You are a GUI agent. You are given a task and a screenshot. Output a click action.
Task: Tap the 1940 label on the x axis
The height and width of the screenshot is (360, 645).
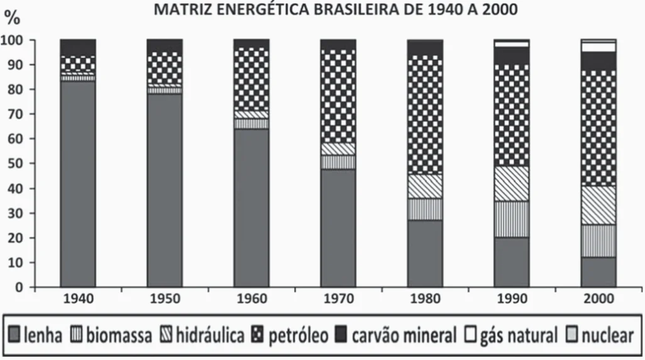(78, 298)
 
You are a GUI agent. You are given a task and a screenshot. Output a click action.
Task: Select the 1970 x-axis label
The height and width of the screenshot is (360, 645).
(338, 298)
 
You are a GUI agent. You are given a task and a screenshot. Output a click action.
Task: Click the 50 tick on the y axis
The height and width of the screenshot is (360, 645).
(21, 163)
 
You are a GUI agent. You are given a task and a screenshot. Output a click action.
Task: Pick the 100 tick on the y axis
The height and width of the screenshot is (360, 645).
(18, 40)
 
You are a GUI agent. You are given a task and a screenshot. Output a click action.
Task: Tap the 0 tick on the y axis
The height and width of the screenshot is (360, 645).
(25, 287)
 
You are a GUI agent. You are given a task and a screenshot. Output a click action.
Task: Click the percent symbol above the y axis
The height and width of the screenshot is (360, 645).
(13, 19)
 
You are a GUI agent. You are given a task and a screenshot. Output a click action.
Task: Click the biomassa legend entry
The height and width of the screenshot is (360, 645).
(111, 335)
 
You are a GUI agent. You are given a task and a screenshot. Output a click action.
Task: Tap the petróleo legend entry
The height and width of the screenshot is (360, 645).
(290, 335)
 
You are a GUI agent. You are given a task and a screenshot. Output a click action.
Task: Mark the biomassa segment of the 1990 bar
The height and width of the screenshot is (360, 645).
(512, 219)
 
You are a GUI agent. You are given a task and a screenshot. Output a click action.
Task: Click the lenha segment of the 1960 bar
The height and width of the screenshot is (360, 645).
(251, 208)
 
